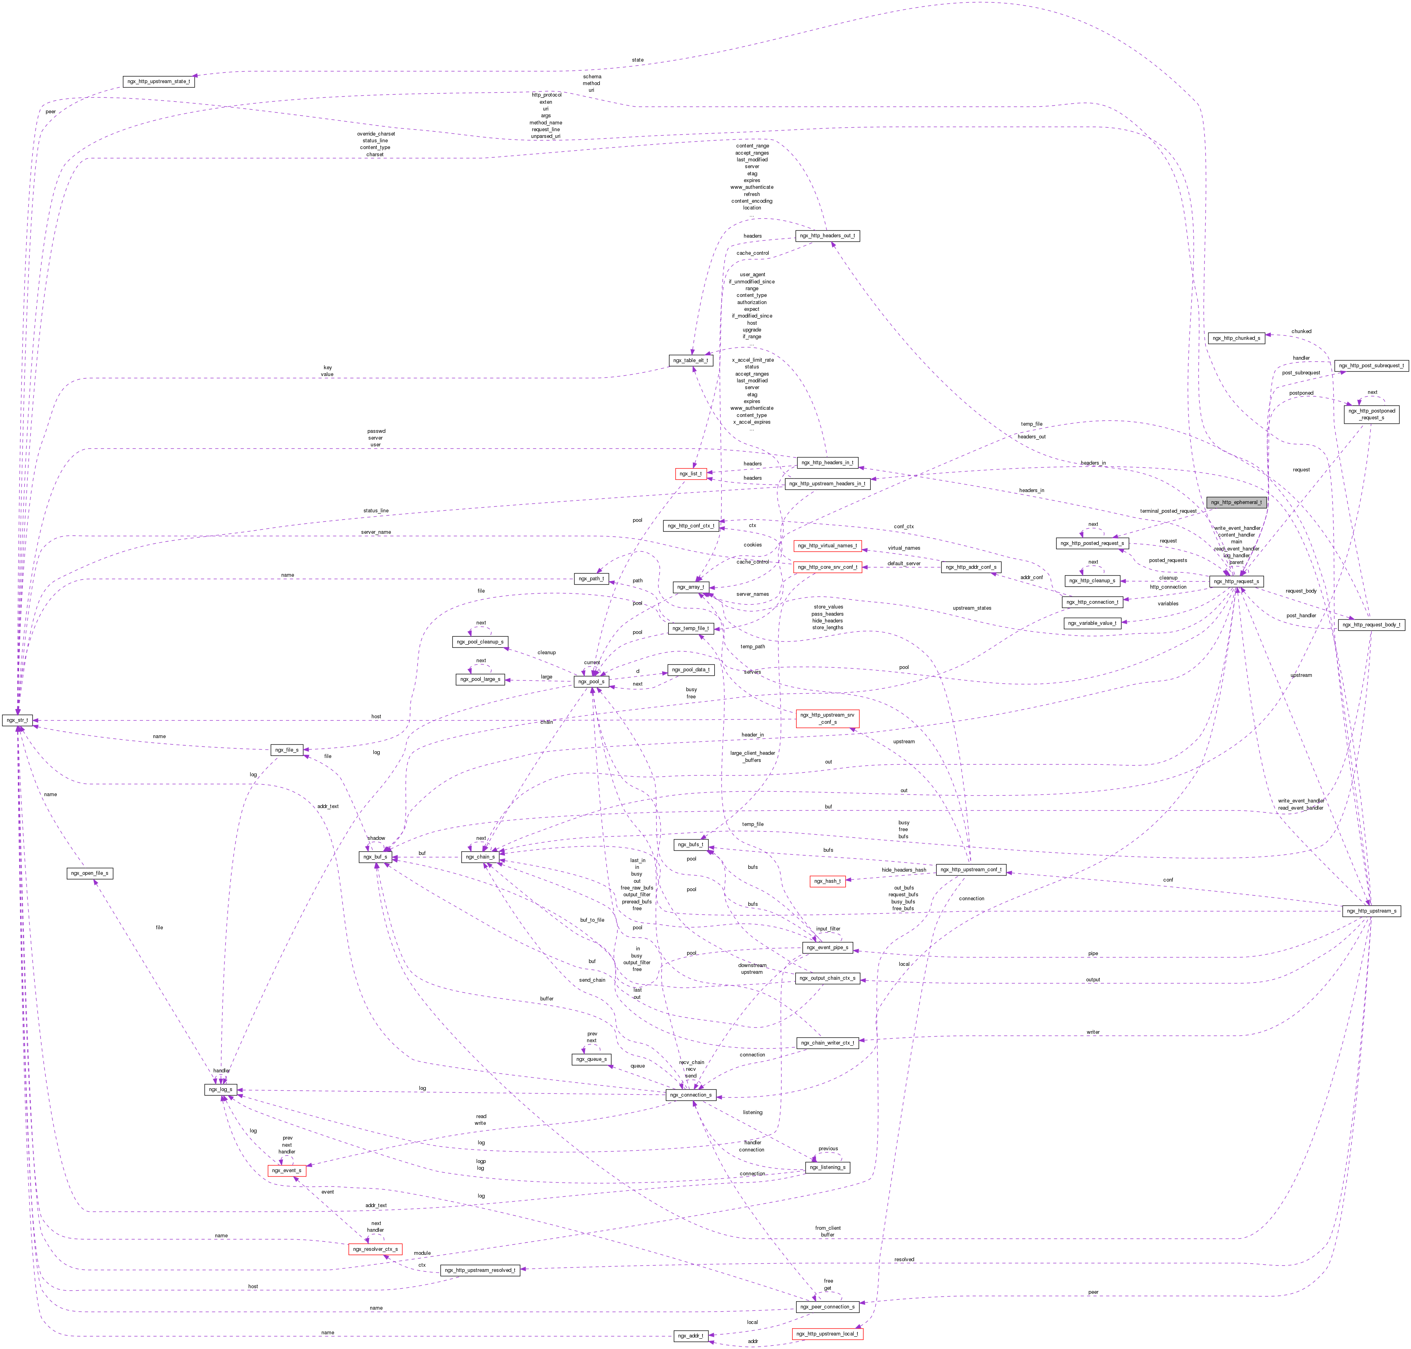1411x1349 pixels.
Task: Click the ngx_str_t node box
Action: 17,720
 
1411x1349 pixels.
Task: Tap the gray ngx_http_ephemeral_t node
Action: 1235,502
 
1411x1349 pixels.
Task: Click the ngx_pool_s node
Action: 591,681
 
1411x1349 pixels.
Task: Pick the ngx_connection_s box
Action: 691,1095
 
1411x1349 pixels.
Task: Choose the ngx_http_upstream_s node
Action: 1371,910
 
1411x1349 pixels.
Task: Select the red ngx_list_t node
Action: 691,473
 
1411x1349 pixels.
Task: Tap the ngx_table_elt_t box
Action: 691,360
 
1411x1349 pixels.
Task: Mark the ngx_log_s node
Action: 221,1089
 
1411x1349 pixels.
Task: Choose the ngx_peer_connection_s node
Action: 827,1306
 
